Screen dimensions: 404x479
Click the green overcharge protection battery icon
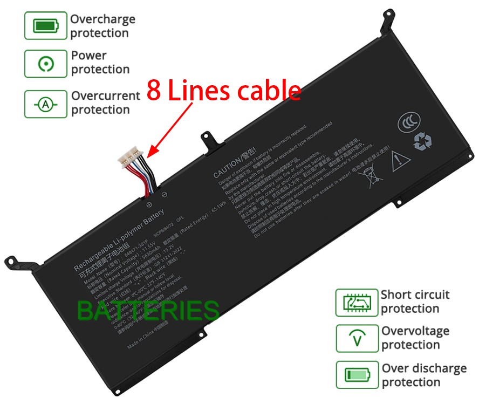[46, 25]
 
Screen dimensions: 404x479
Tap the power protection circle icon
[46, 64]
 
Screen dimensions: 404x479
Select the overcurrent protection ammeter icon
[46, 104]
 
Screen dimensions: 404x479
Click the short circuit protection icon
[357, 302]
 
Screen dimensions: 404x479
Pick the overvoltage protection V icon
[357, 338]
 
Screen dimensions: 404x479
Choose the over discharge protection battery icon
[357, 375]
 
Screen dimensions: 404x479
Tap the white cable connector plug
[131, 157]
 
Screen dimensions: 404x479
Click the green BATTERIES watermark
[148, 311]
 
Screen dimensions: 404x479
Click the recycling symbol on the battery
[422, 141]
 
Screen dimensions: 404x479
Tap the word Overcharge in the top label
[102, 19]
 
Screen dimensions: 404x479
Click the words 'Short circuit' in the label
[414, 295]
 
